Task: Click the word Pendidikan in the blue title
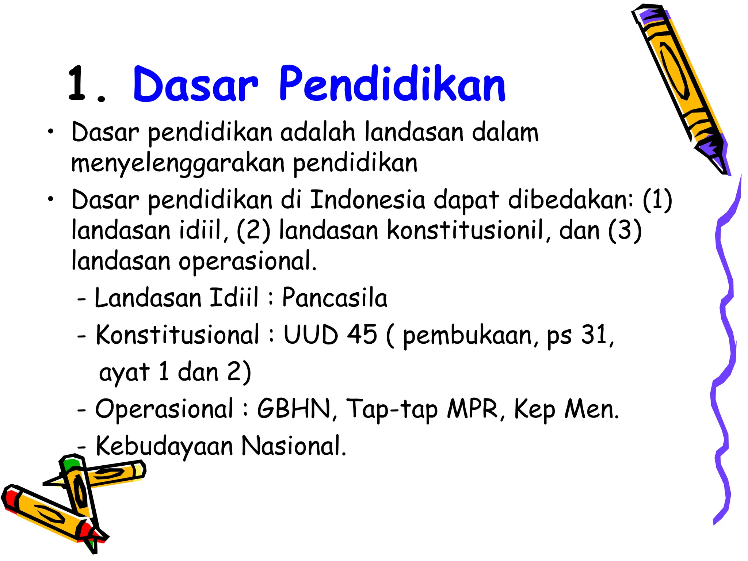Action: [392, 85]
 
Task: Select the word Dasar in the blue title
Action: [196, 85]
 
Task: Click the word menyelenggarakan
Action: [178, 164]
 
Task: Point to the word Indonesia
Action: [367, 200]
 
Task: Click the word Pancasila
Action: [335, 298]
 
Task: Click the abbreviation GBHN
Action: [294, 409]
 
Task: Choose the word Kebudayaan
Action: [164, 446]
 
